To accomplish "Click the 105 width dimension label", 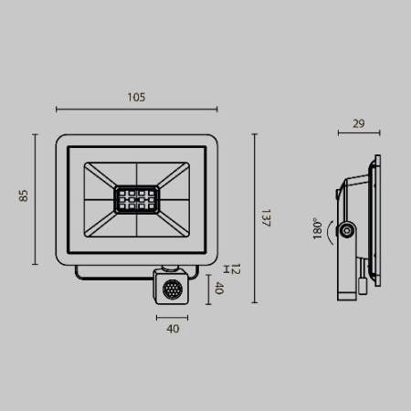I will click(x=136, y=97).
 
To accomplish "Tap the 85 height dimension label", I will click(x=25, y=196).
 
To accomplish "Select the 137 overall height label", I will click(x=266, y=219).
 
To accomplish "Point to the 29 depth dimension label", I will click(x=359, y=121).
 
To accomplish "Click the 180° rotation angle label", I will click(x=317, y=227).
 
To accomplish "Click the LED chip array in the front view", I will click(x=135, y=198).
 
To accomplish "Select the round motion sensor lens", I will click(x=171, y=291).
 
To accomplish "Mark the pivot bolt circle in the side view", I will click(x=348, y=232).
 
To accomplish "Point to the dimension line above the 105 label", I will click(x=136, y=110).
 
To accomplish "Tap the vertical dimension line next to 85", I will click(x=36, y=199).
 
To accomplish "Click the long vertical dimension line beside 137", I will click(x=254, y=219).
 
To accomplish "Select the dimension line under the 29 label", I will click(x=359, y=133).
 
